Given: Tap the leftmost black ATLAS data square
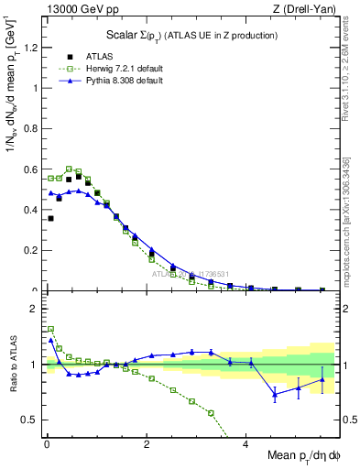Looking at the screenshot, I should [50, 218].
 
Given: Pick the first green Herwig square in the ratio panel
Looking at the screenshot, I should [50, 328].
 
